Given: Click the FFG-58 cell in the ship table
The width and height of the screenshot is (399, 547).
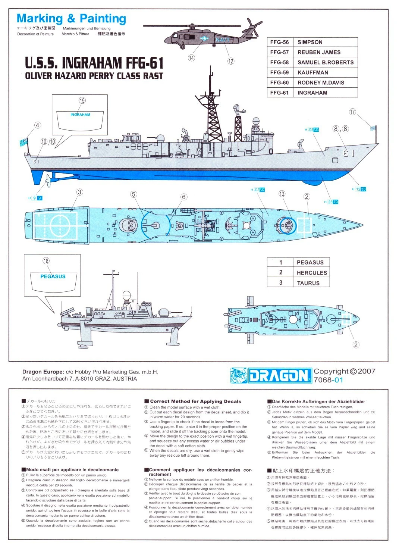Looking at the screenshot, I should (x=280, y=62).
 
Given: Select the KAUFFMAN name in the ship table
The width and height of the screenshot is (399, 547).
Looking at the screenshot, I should (x=312, y=72).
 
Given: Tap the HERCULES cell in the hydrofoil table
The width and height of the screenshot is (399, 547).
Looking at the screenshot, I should (x=311, y=273).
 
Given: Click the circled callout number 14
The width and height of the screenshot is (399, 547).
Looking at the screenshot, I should (x=191, y=58).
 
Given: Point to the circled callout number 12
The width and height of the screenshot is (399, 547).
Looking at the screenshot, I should (x=231, y=61).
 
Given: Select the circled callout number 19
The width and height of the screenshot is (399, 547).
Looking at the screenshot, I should (x=82, y=100).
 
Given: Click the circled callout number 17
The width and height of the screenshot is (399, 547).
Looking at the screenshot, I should (x=353, y=112).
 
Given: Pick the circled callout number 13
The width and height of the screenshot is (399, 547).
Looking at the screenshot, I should (x=282, y=194).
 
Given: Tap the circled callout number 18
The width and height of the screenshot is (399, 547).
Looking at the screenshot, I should (x=46, y=261).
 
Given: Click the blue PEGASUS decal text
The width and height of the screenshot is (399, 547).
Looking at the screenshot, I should (x=53, y=276).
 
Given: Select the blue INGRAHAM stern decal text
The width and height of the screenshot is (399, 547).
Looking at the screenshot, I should (x=80, y=115).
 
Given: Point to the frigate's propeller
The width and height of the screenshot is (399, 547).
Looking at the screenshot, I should (x=48, y=182).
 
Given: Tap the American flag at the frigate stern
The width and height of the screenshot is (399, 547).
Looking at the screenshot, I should (x=23, y=142).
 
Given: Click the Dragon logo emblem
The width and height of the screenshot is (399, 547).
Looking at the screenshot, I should (x=238, y=375).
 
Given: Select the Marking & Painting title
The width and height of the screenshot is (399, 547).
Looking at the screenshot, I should (x=72, y=18).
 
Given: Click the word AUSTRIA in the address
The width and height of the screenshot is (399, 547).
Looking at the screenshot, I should (x=125, y=379).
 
